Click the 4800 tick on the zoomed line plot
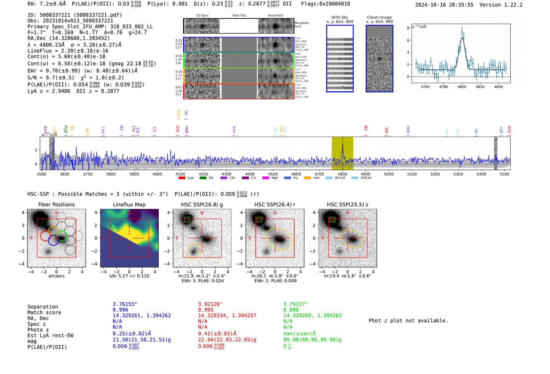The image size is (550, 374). [x=462, y=87]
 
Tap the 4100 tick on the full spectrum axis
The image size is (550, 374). [x=180, y=174]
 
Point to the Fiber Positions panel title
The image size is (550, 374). [x=56, y=204]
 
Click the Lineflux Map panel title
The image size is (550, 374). [x=129, y=204]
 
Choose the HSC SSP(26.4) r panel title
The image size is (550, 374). [x=275, y=204]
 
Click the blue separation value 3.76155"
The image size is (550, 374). [x=125, y=304]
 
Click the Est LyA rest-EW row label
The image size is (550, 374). [x=50, y=336]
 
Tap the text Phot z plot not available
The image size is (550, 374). [x=408, y=321]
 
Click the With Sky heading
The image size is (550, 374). [x=340, y=17]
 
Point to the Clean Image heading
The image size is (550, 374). [x=379, y=17]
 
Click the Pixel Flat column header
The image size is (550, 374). [x=239, y=15]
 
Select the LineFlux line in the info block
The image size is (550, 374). [x=68, y=51]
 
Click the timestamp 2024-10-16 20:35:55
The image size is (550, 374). [x=444, y=5]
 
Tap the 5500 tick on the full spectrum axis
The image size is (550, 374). [x=504, y=174]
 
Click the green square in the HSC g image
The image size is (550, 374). [x=187, y=219]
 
